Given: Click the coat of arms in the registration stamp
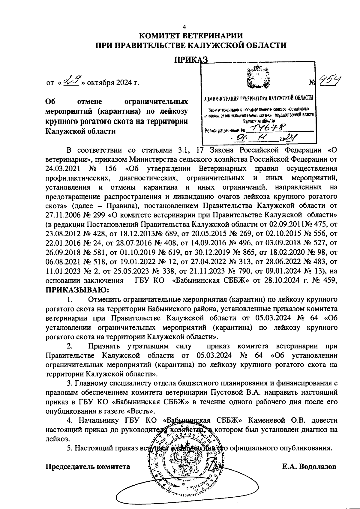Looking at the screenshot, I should [x=257, y=78].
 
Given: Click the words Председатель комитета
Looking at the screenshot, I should [x=88, y=467].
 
